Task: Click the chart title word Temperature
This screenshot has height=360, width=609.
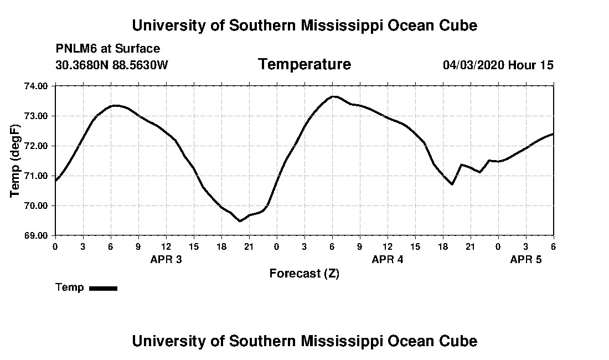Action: pyautogui.click(x=304, y=65)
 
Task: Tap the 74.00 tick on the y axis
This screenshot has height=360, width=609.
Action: pyautogui.click(x=37, y=86)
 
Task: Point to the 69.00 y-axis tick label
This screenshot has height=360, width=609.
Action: pyautogui.click(x=37, y=235)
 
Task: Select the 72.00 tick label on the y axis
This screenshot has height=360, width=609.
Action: pyautogui.click(x=37, y=146)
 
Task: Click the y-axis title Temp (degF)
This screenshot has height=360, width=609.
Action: pyautogui.click(x=15, y=161)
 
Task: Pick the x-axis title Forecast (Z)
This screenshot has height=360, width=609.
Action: pyautogui.click(x=304, y=273)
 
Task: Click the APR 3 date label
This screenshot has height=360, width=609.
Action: pyautogui.click(x=166, y=259)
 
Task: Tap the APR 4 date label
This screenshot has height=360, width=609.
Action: pyautogui.click(x=388, y=259)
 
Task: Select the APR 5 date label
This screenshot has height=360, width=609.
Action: pyautogui.click(x=526, y=259)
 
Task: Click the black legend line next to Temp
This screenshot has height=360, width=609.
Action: pyautogui.click(x=103, y=288)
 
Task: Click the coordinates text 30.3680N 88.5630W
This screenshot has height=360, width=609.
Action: pyautogui.click(x=111, y=65)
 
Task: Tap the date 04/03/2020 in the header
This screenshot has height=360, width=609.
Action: pyautogui.click(x=473, y=65)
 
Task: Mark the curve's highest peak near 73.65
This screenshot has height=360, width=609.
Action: pyautogui.click(x=334, y=96)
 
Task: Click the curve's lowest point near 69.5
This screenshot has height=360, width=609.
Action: pyautogui.click(x=240, y=221)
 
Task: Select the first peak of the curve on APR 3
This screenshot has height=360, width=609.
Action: pyautogui.click(x=115, y=105)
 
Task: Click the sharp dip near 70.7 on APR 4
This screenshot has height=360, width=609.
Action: pyautogui.click(x=452, y=184)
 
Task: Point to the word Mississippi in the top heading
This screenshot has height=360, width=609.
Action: pyautogui.click(x=321, y=25)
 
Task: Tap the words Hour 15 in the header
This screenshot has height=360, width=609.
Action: pyautogui.click(x=531, y=65)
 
